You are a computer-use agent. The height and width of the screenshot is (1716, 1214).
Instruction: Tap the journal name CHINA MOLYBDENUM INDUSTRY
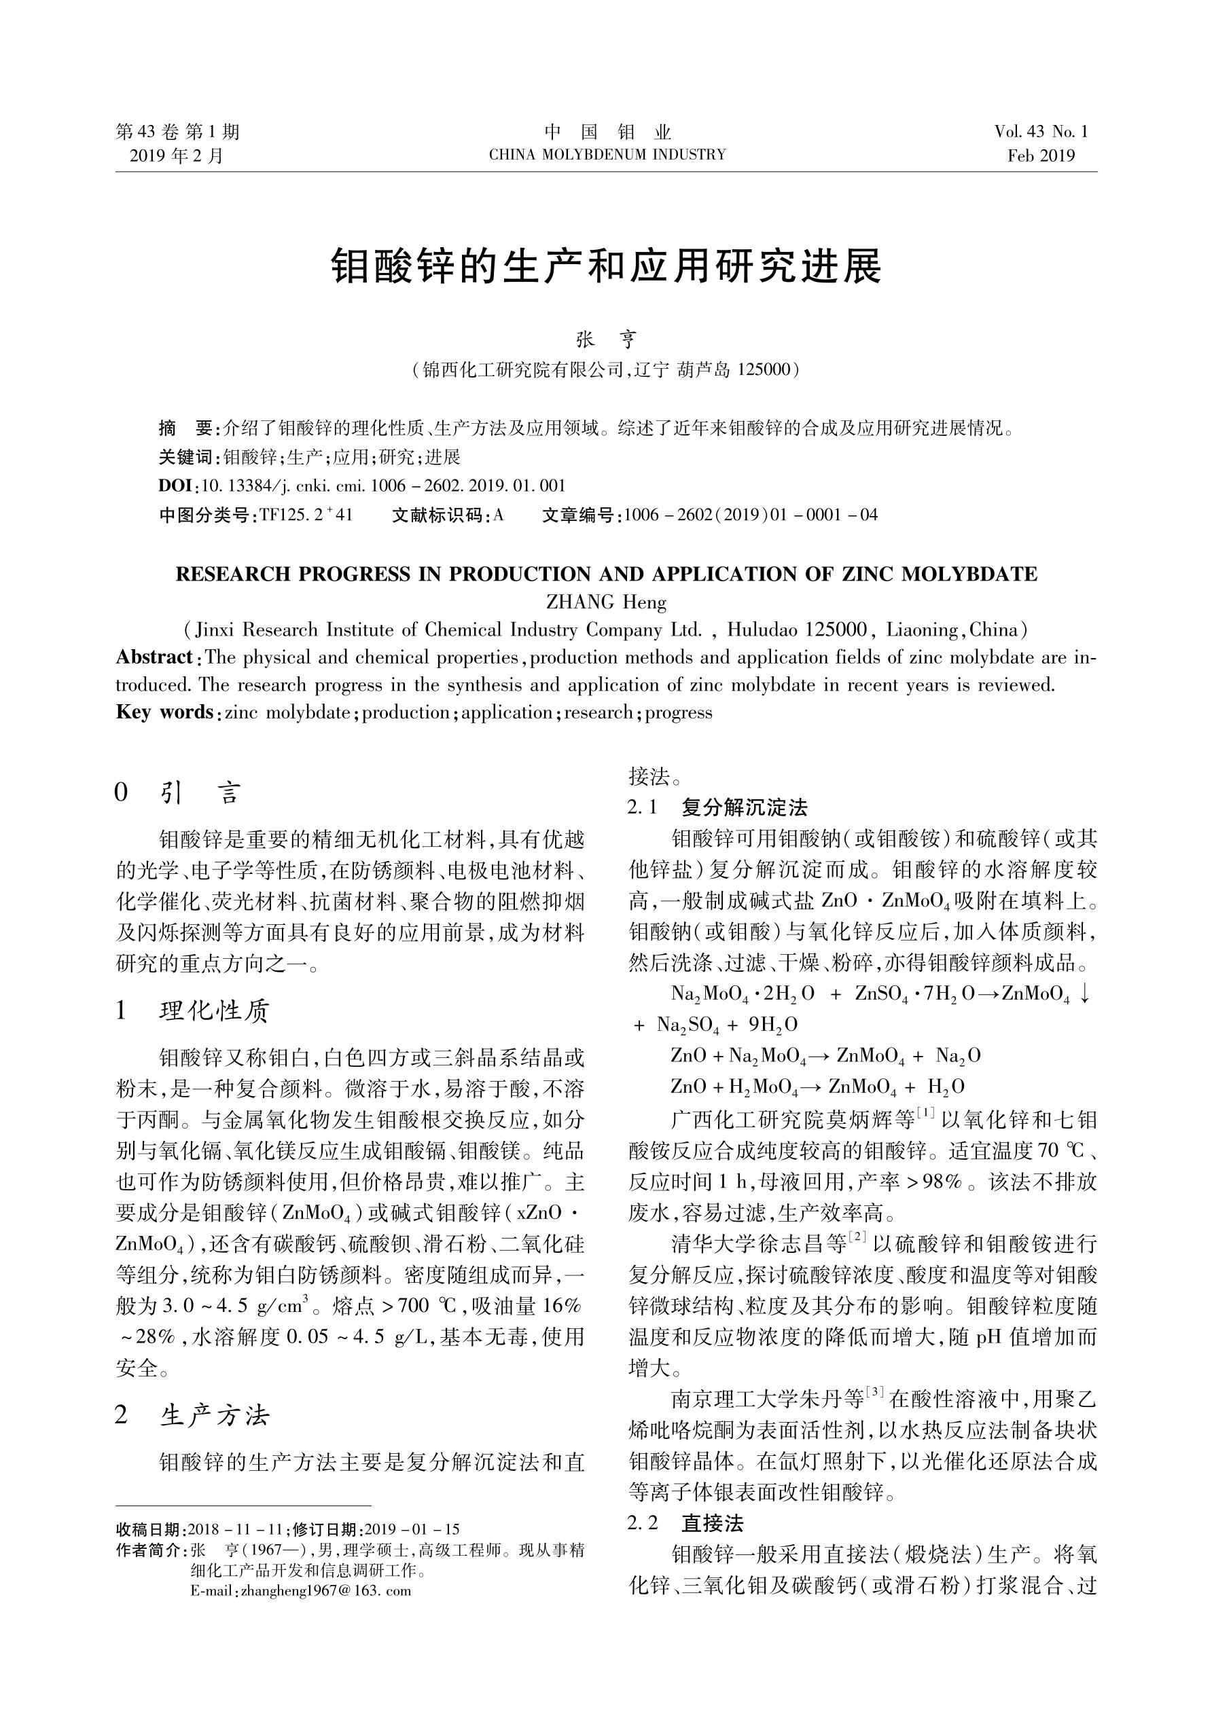click(x=607, y=156)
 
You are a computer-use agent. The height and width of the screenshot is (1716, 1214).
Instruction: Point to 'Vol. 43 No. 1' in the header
click(x=1041, y=132)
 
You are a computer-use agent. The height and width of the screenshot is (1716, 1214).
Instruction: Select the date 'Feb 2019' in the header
click(x=1041, y=156)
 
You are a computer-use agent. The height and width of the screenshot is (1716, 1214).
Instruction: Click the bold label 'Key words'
click(x=164, y=712)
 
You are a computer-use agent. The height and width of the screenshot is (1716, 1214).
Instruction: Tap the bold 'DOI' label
click(x=175, y=485)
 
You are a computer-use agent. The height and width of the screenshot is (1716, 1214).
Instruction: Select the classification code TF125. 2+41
click(x=305, y=514)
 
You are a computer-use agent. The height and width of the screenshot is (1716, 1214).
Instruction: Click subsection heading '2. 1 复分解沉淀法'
click(x=718, y=807)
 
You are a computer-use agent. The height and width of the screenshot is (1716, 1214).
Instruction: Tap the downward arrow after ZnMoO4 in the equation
click(x=1085, y=995)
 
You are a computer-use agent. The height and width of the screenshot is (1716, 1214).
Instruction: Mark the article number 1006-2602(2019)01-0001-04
click(x=750, y=514)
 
